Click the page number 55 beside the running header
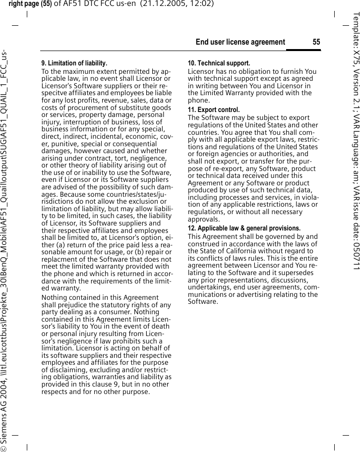(x=316, y=42)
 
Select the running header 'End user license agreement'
(x=240, y=42)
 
